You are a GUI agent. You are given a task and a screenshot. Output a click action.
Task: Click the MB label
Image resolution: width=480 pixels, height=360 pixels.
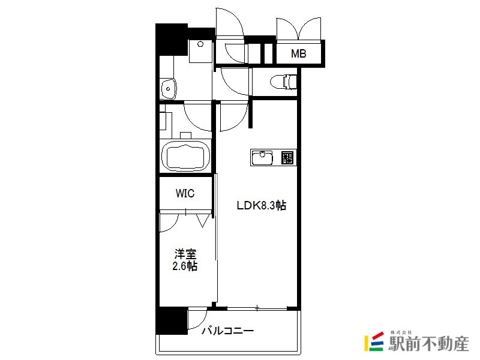pyautogui.click(x=298, y=53)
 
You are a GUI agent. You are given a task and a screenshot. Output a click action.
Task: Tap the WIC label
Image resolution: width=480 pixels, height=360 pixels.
pyautogui.click(x=185, y=193)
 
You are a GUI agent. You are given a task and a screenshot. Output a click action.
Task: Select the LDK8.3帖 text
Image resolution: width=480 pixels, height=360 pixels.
pyautogui.click(x=262, y=205)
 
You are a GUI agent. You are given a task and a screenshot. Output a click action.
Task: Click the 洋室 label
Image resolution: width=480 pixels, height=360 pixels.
pyautogui.click(x=185, y=254)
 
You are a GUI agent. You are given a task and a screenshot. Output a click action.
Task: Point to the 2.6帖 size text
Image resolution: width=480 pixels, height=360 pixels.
pyautogui.click(x=185, y=266)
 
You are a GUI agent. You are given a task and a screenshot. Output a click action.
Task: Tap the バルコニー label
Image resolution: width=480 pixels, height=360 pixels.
pyautogui.click(x=228, y=331)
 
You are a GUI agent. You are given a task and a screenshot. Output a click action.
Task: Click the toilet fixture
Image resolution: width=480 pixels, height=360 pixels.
pyautogui.click(x=283, y=82)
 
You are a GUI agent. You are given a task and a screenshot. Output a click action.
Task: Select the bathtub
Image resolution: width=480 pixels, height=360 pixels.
pyautogui.click(x=185, y=156)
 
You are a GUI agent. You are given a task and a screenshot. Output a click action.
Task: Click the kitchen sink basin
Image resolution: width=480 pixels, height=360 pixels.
pyautogui.click(x=262, y=157)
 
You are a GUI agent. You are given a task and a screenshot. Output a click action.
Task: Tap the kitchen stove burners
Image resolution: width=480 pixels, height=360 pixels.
pyautogui.click(x=287, y=157)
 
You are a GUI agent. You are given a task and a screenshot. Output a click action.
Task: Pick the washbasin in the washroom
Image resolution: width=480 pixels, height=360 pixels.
pyautogui.click(x=168, y=89)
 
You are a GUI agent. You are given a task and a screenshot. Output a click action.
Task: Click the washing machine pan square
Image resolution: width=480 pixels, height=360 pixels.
pyautogui.click(x=200, y=51)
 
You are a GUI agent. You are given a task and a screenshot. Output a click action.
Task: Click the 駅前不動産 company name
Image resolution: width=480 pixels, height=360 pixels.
pyautogui.click(x=428, y=343)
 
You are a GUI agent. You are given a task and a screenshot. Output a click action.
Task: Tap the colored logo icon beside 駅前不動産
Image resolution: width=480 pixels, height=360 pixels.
pyautogui.click(x=374, y=341)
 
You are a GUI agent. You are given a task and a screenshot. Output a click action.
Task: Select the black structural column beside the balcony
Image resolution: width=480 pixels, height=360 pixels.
pyautogui.click(x=172, y=320)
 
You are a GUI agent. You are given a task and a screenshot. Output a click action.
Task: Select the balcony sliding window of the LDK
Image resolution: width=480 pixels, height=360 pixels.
pyautogui.click(x=257, y=308)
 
